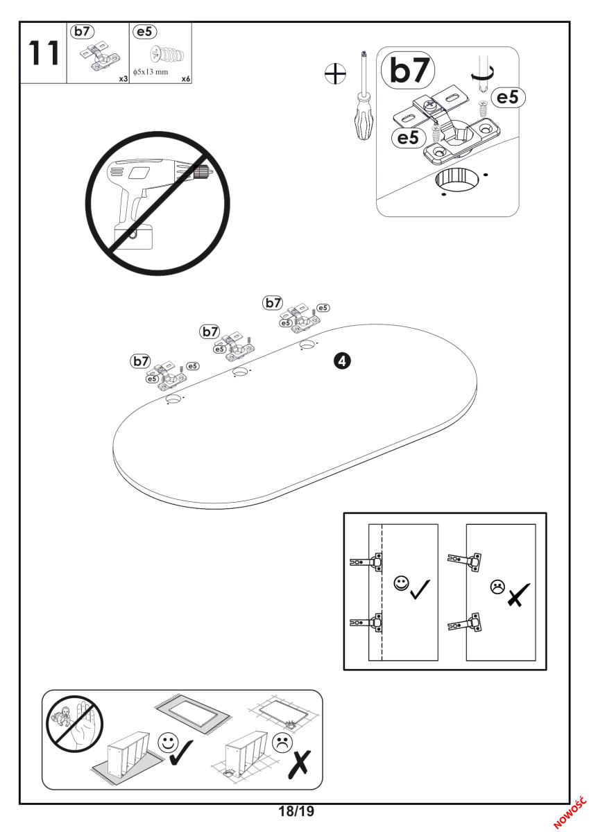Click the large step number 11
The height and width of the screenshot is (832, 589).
point(41,53)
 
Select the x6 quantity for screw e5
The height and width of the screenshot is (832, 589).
point(185,79)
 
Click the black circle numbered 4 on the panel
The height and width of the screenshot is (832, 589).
point(343,360)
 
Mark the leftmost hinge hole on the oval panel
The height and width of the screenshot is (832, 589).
point(174,399)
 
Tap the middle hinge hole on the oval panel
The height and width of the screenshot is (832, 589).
point(240,373)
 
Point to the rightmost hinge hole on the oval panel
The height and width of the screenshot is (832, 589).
point(306,345)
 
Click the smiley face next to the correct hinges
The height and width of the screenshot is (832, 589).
point(400,582)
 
